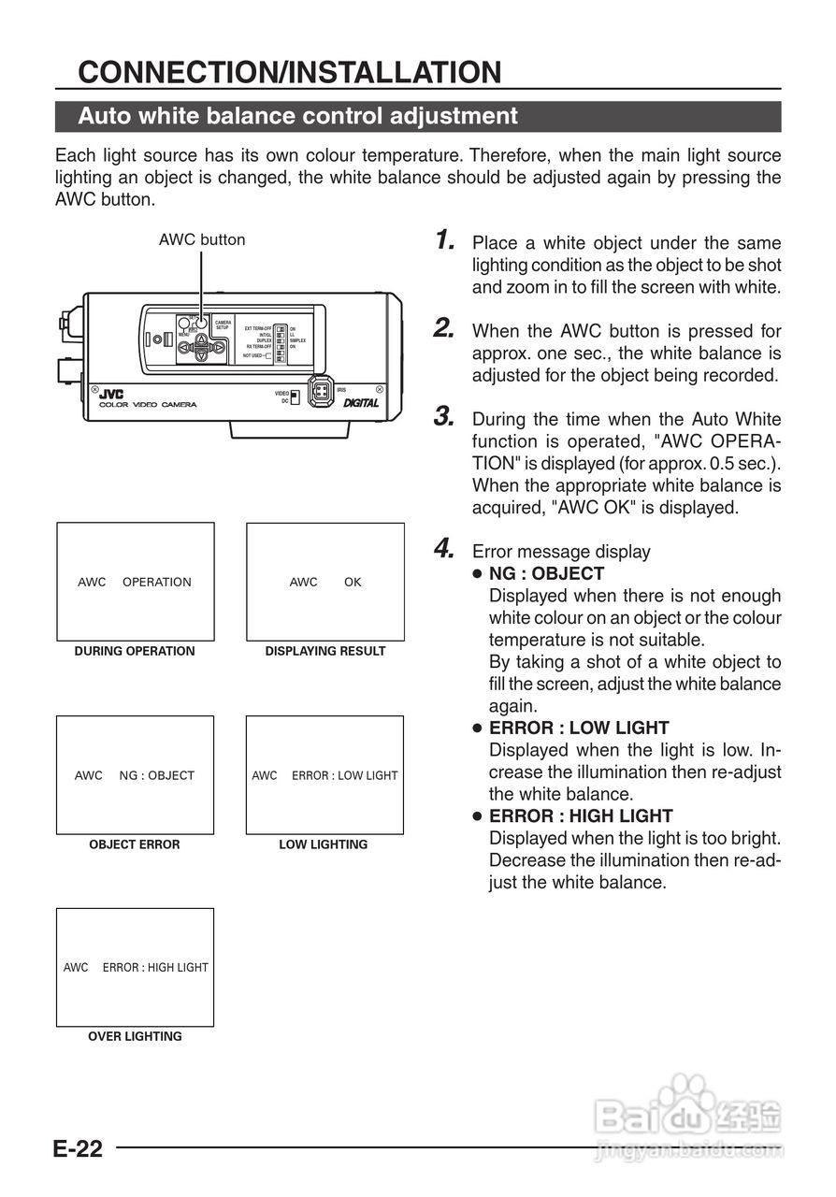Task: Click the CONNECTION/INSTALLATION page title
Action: [x=290, y=72]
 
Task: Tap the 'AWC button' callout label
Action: [x=201, y=239]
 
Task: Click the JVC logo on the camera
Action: [x=110, y=394]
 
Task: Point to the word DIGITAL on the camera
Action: [x=360, y=403]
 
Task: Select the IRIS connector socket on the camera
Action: [x=321, y=392]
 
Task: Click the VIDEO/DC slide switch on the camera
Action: [x=295, y=397]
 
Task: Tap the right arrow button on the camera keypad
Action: [x=218, y=348]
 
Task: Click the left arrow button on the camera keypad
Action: [x=186, y=348]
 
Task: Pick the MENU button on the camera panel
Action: [x=184, y=326]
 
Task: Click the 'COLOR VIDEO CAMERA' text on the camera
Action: [x=148, y=405]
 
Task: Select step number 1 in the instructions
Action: [x=445, y=240]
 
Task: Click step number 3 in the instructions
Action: [x=445, y=417]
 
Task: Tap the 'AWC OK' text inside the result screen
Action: [x=324, y=582]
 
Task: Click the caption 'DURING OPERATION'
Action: [x=135, y=651]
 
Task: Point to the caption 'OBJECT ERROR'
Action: [x=135, y=844]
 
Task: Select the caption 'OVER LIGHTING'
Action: [x=135, y=1036]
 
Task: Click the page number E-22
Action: [x=77, y=1149]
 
